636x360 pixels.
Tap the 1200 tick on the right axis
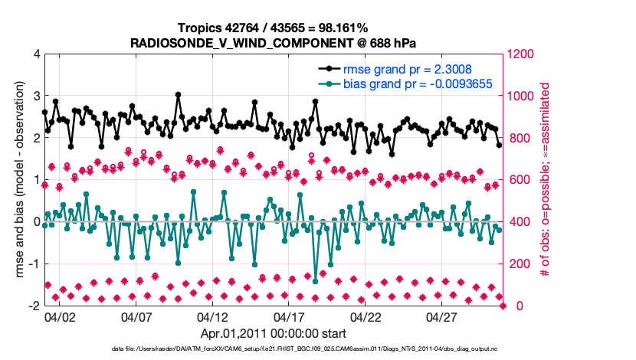click(522, 54)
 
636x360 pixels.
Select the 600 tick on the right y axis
click(519, 180)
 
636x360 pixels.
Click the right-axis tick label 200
click(519, 264)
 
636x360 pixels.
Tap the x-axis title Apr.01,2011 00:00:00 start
click(274, 333)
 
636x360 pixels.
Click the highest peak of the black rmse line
click(178, 95)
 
